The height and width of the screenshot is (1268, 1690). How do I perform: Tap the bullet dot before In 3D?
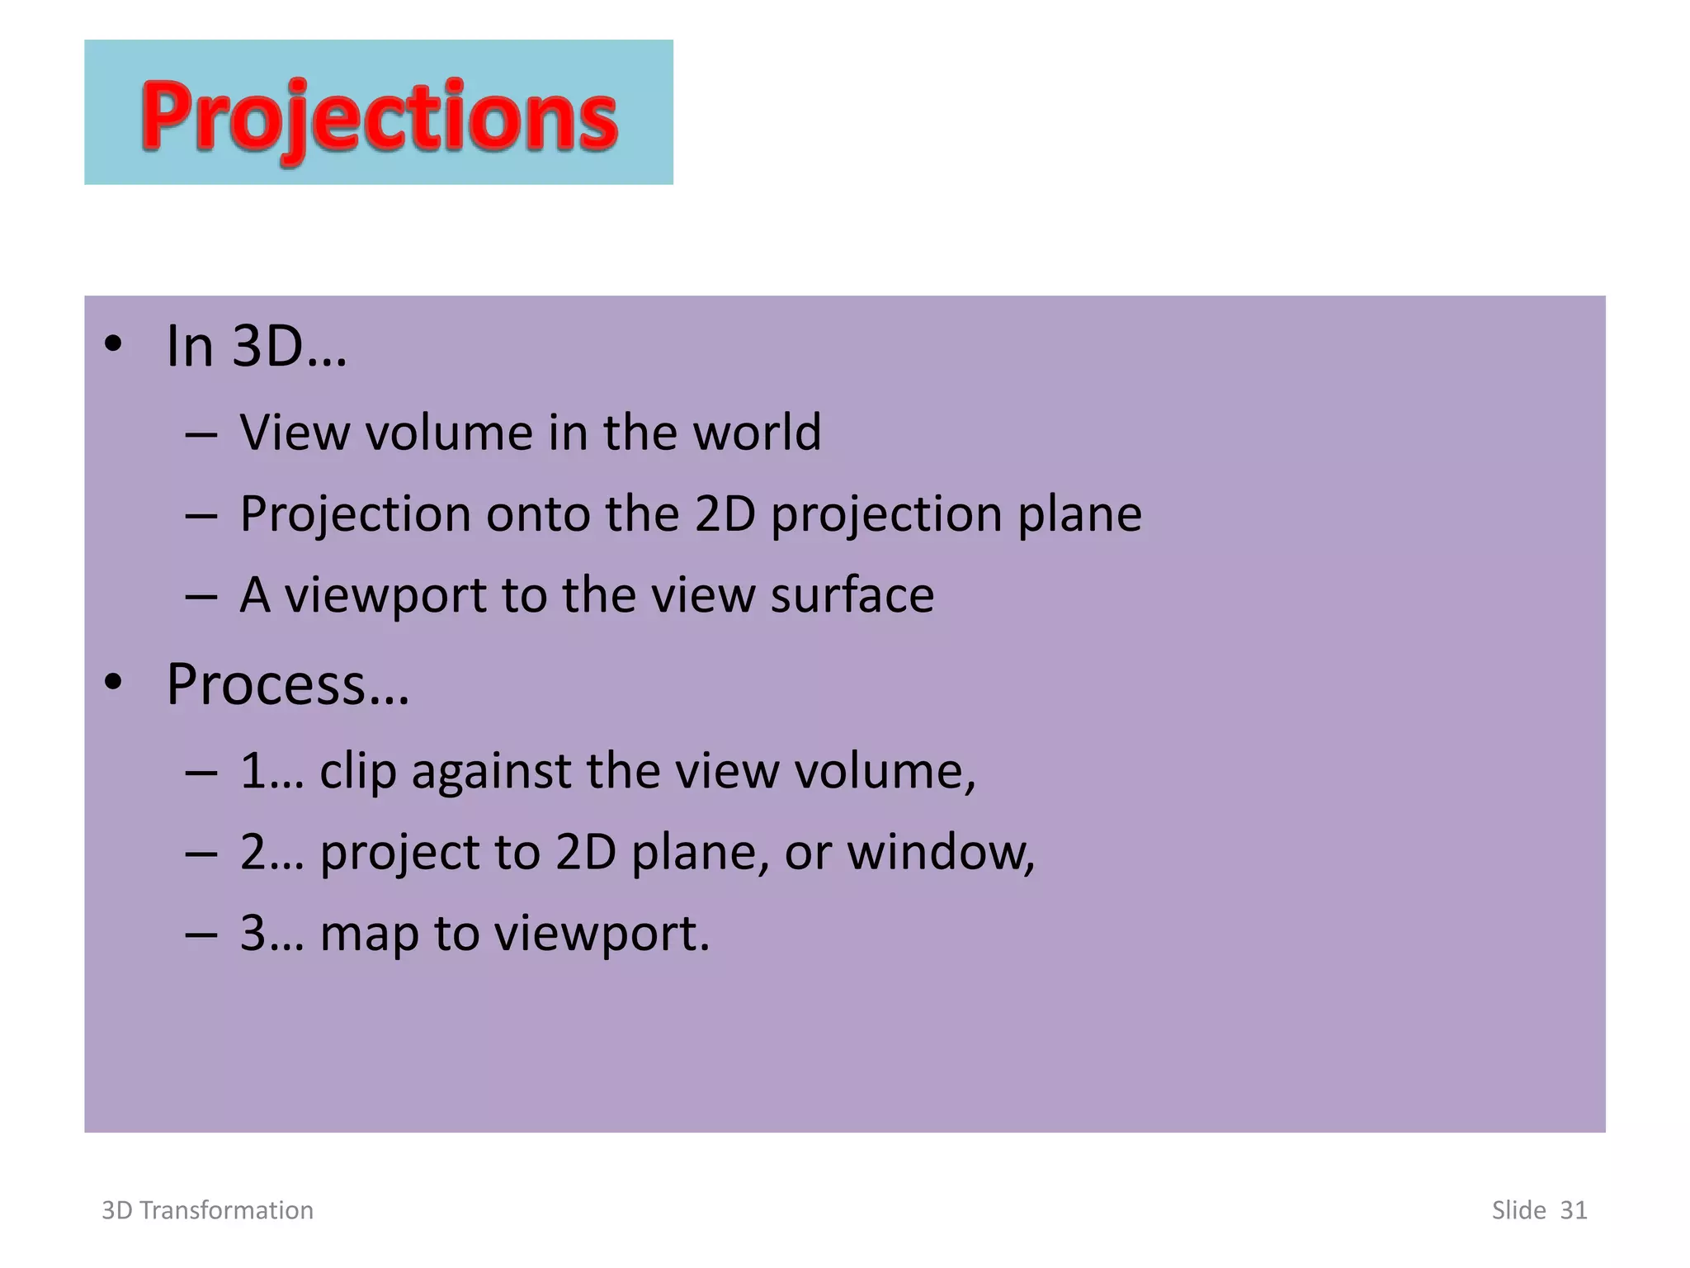(x=113, y=344)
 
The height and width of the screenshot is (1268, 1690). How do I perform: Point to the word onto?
(x=538, y=513)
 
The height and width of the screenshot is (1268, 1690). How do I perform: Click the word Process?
(x=266, y=685)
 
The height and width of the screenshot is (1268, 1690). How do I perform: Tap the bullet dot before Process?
(x=113, y=683)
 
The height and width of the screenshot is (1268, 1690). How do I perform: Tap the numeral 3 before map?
(x=253, y=933)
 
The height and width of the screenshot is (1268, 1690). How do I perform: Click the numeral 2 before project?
(x=253, y=852)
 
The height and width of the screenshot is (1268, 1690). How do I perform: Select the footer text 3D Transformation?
(x=207, y=1210)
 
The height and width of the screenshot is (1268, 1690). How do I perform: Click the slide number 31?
(x=1573, y=1210)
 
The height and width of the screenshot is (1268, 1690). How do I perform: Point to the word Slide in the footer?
(x=1518, y=1210)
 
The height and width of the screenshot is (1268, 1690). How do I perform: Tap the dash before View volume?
(x=201, y=433)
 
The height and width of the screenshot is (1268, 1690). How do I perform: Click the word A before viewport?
(x=255, y=594)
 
